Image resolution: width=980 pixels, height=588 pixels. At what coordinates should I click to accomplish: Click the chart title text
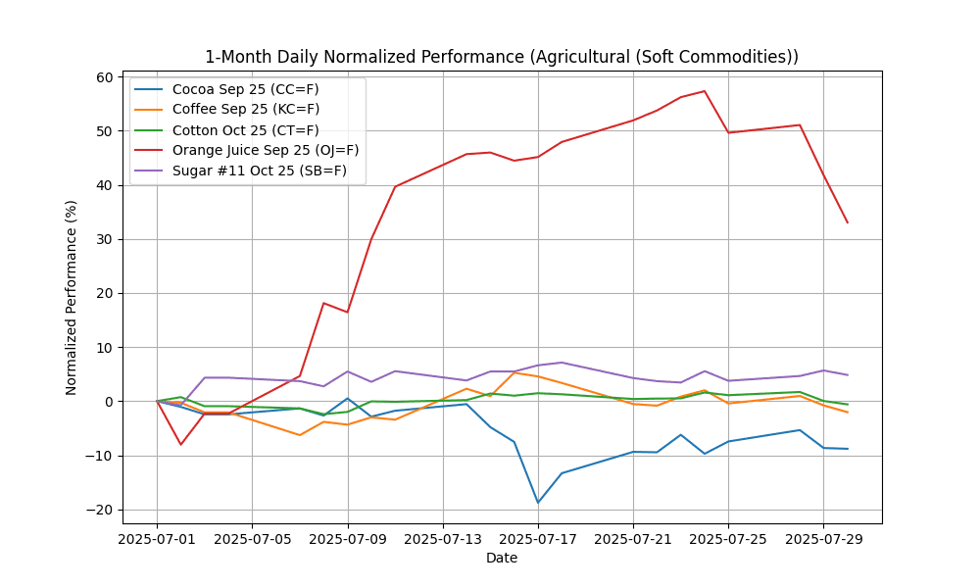[501, 57]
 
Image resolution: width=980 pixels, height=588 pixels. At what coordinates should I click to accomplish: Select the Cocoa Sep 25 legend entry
[245, 89]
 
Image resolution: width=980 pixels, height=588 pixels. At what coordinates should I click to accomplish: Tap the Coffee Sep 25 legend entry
[245, 109]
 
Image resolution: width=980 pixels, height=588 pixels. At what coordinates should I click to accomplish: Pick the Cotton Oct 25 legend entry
[245, 129]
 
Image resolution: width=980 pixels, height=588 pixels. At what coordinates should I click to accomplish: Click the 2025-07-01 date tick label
[157, 539]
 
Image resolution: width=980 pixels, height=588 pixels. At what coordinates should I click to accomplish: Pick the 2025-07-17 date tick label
[538, 539]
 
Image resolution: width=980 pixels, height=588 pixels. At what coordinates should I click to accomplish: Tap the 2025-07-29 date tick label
[823, 539]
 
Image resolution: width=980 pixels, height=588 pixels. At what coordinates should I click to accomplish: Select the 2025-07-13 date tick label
[443, 539]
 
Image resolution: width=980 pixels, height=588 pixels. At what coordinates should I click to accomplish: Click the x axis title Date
[501, 559]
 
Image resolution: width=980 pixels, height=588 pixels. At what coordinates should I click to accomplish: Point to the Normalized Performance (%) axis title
[72, 297]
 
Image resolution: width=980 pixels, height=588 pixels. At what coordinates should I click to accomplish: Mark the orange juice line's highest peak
[705, 91]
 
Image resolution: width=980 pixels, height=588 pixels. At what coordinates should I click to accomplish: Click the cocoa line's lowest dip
[538, 503]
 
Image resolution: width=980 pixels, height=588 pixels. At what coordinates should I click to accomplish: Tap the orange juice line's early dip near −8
[180, 445]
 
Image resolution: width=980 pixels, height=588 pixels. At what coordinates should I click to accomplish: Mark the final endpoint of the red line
[848, 222]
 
